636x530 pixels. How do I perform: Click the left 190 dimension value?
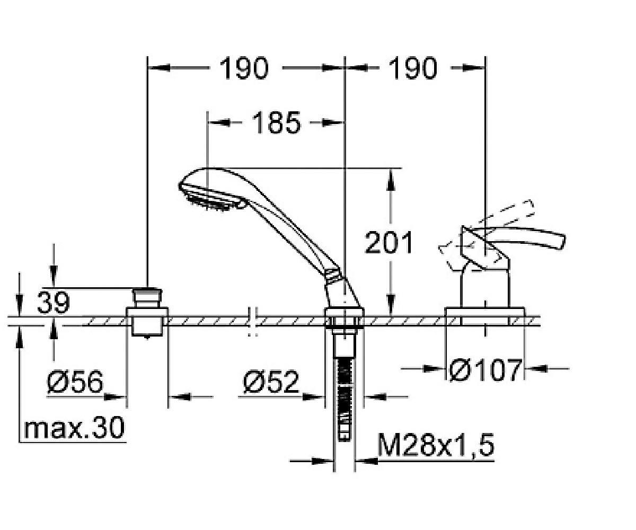point(244,68)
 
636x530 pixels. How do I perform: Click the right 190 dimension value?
point(413,68)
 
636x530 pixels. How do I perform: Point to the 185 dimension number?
point(276,122)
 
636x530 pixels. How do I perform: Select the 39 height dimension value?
point(53,303)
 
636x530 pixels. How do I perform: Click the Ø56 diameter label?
point(74,382)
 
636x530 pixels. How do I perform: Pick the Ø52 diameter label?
point(271,382)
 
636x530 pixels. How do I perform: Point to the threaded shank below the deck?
point(345,382)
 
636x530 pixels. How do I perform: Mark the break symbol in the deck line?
point(253,320)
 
